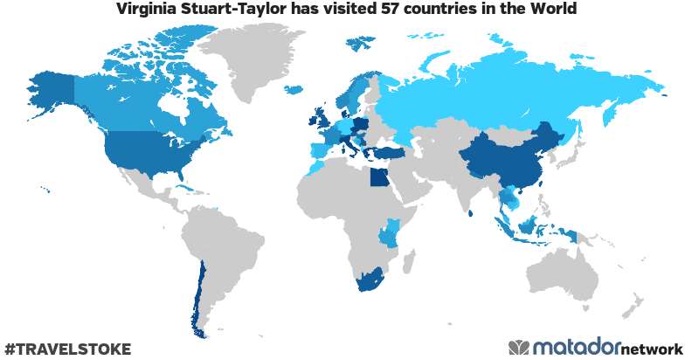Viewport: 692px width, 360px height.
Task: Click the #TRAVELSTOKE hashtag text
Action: [x=68, y=349]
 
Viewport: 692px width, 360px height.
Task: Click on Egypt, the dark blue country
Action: [x=378, y=178]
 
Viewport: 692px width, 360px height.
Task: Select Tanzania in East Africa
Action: [x=388, y=234]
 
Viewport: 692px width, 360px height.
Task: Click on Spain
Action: [x=316, y=151]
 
